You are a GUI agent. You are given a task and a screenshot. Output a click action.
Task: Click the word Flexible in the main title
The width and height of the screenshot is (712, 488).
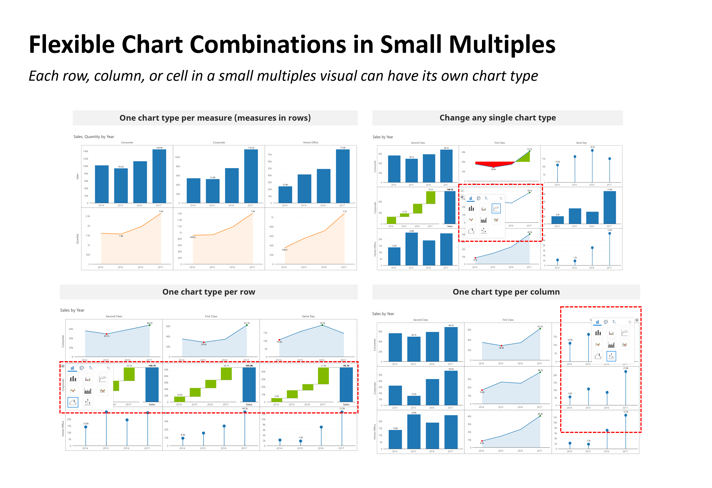[72, 45]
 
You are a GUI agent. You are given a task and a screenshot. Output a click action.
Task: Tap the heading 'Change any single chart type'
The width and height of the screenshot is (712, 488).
[497, 118]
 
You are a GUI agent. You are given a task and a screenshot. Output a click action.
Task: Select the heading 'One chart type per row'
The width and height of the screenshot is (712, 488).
[209, 292]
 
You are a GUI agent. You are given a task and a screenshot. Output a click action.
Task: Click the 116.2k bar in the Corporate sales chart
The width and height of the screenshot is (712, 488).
[251, 176]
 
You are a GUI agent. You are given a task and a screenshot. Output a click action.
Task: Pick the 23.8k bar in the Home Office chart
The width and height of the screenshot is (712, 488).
[285, 195]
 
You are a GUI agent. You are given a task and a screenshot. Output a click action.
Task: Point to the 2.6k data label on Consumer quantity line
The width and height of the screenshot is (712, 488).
[161, 211]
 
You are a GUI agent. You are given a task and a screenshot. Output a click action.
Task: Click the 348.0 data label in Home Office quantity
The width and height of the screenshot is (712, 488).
[285, 250]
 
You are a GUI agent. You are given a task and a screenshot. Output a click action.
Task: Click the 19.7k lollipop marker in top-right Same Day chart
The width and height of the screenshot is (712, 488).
[592, 150]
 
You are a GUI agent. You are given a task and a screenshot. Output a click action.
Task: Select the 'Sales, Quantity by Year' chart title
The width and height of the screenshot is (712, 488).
[94, 137]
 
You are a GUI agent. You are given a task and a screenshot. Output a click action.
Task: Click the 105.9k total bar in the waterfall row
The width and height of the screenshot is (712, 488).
[249, 385]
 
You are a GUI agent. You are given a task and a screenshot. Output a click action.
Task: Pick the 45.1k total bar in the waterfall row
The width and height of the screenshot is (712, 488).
[346, 385]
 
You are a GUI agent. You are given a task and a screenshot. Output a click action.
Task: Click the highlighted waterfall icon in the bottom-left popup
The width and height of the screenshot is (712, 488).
[73, 402]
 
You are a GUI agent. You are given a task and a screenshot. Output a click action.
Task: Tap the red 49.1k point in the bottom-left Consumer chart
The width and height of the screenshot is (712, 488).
[107, 334]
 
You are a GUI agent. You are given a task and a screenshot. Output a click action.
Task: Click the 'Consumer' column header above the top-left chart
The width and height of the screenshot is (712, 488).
[127, 142]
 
